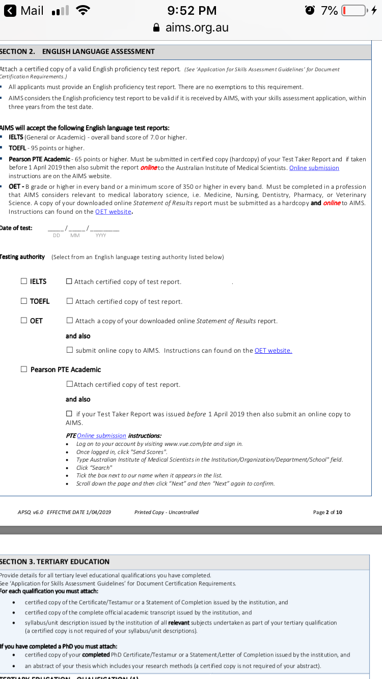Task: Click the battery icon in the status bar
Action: tap(354, 11)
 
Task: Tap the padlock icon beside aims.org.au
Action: tap(157, 27)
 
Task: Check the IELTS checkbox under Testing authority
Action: tap(24, 281)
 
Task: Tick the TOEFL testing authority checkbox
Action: tap(24, 301)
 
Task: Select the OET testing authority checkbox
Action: tap(24, 321)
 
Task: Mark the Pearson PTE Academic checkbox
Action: tap(24, 370)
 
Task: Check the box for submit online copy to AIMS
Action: tap(70, 350)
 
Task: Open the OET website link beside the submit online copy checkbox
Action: tap(273, 350)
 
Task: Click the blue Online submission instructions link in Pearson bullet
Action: tap(314, 168)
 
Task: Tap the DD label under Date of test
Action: tap(56, 235)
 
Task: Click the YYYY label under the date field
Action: tap(100, 235)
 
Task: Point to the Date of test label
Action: tap(16, 228)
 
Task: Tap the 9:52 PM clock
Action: tap(192, 11)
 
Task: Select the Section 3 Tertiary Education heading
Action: tap(55, 561)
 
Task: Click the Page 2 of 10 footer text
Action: tap(328, 512)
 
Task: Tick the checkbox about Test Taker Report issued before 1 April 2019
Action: tap(69, 414)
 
